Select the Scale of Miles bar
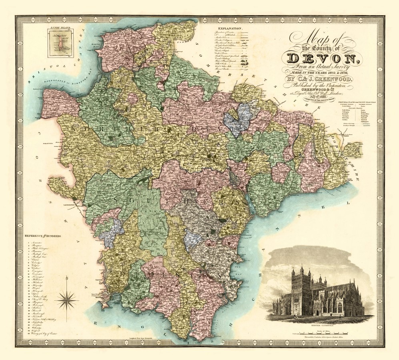[x=318, y=332]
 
